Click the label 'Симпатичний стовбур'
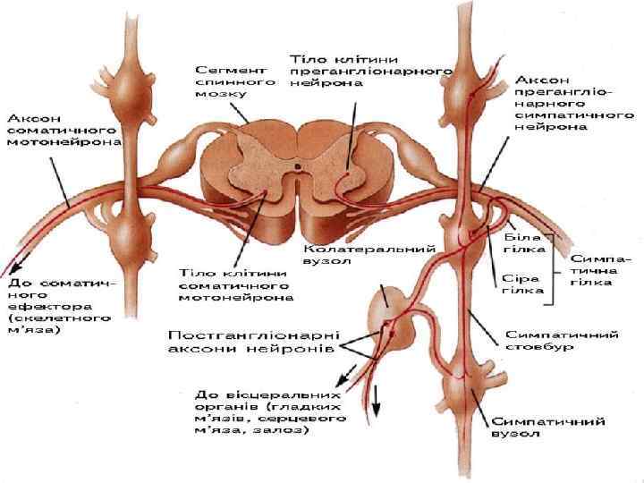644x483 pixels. [x=563, y=341]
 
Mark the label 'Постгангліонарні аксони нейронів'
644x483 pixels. [x=252, y=339]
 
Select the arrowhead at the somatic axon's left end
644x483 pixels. [x=9, y=268]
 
